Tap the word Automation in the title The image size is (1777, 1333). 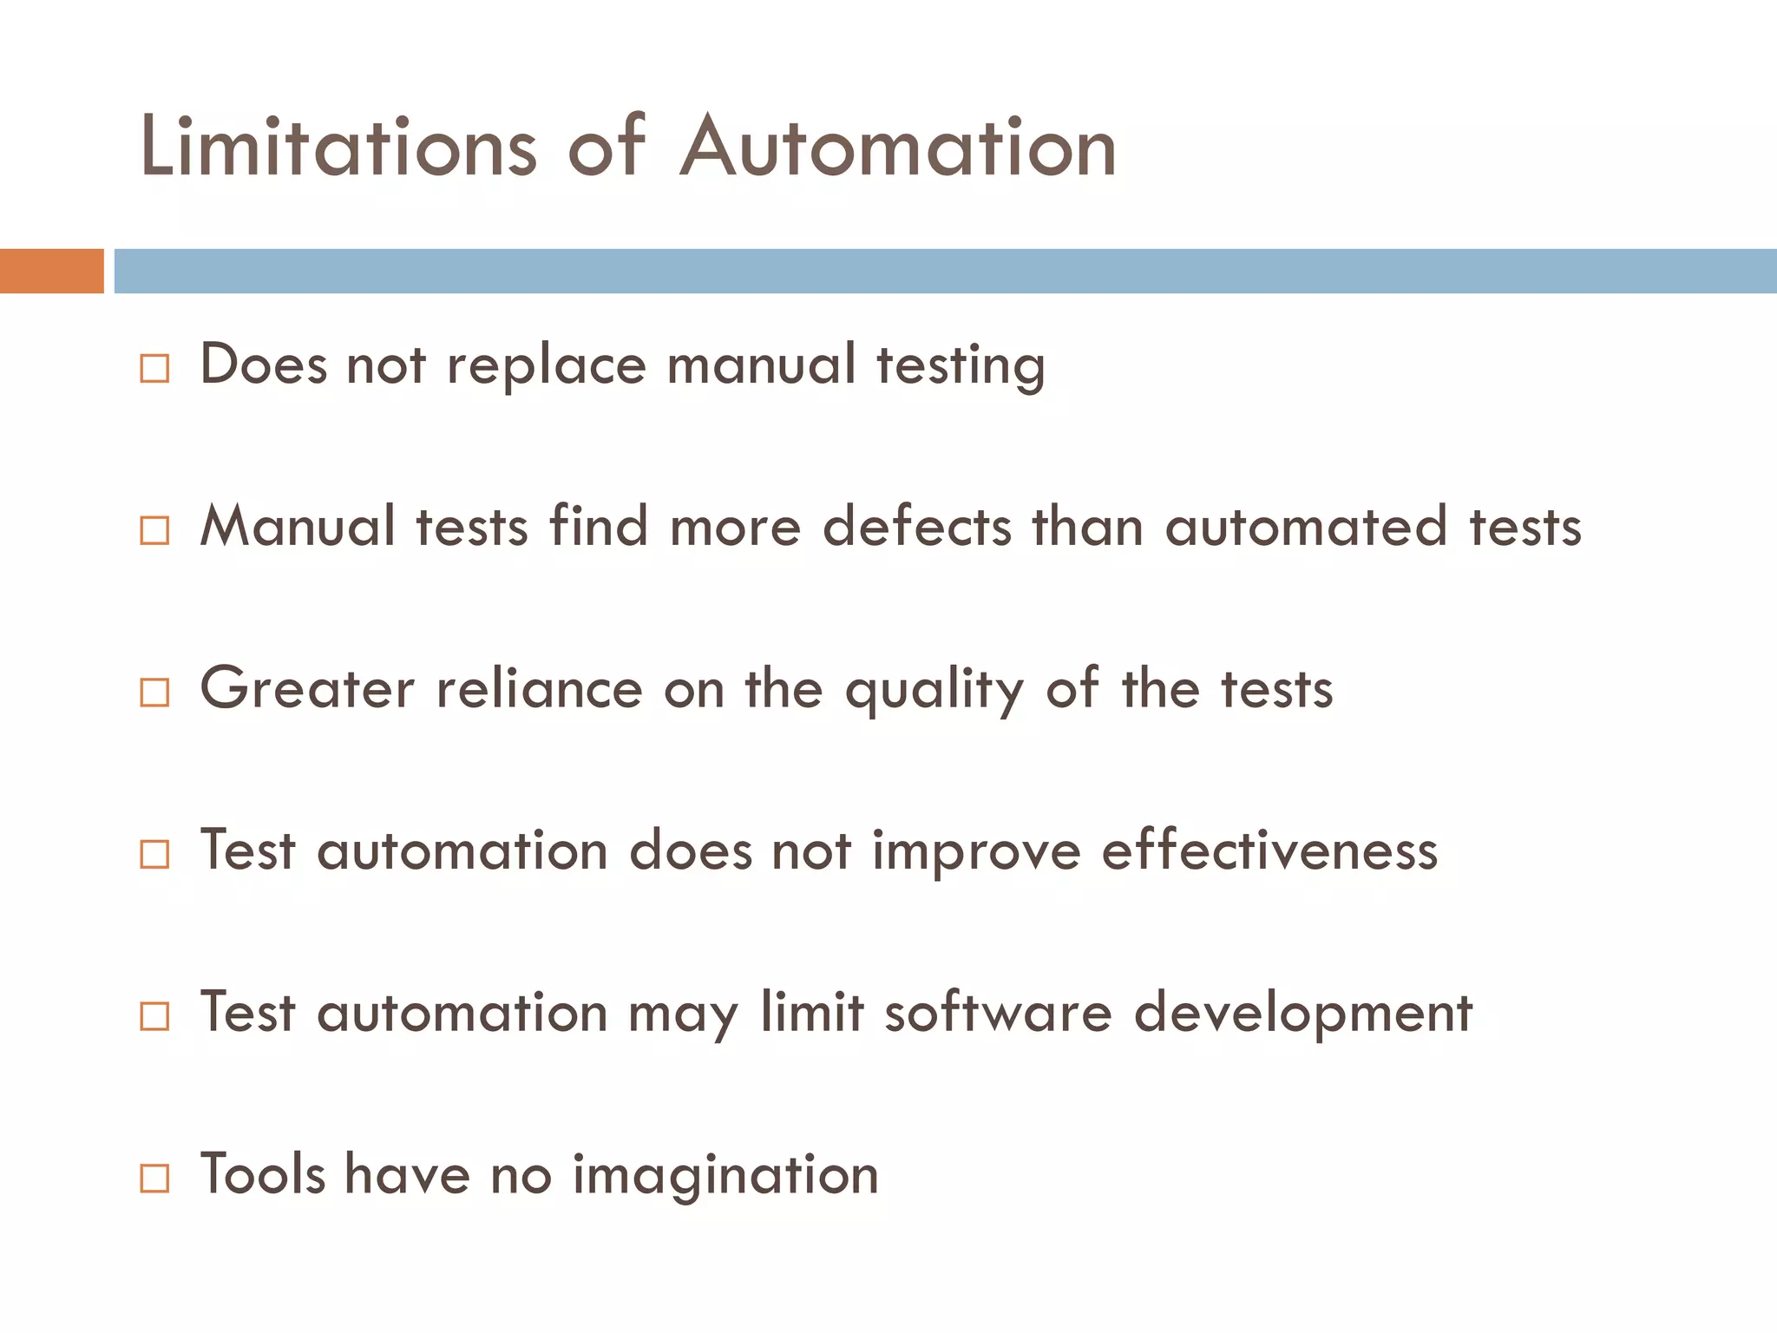[x=898, y=148]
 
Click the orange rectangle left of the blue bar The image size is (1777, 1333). [x=51, y=271]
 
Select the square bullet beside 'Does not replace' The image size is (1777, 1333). [x=154, y=369]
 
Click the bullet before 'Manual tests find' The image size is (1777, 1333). [x=154, y=530]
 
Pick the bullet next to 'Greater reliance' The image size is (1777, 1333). [x=154, y=693]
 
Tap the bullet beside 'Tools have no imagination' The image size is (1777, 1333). [x=154, y=1179]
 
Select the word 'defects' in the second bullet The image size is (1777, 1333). [x=916, y=527]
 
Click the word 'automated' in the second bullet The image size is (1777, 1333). [x=1306, y=527]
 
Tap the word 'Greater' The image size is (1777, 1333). [x=307, y=689]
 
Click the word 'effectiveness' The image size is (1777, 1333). [x=1269, y=850]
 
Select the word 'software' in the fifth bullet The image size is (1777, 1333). [x=998, y=1013]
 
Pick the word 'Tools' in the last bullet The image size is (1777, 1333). [x=263, y=1174]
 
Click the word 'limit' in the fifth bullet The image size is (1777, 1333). [x=812, y=1013]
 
